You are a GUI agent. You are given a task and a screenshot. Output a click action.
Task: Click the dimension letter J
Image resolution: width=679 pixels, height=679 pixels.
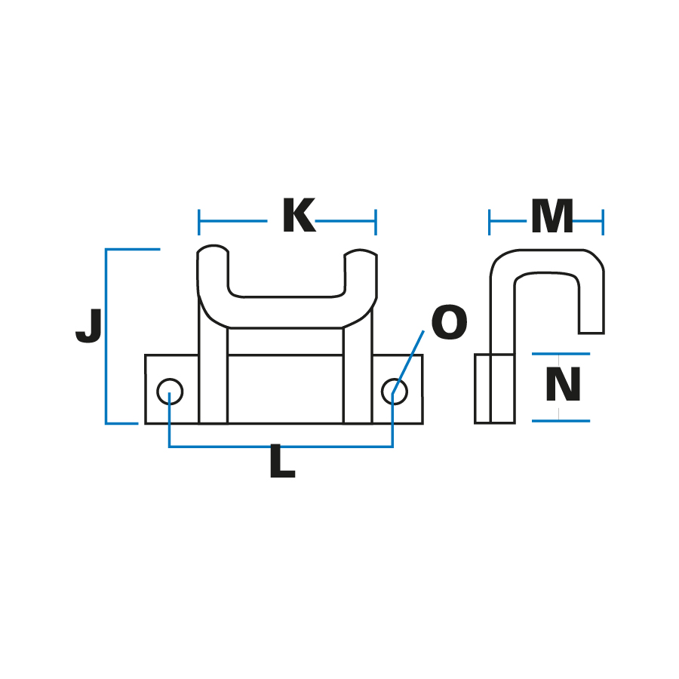tap(89, 326)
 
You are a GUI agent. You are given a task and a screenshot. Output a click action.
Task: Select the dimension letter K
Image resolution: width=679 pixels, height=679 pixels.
tap(299, 215)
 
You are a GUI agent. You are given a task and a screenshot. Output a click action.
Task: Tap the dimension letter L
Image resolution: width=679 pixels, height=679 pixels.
tap(282, 461)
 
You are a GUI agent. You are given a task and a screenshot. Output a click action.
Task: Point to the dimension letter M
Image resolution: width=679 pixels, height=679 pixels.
tap(552, 216)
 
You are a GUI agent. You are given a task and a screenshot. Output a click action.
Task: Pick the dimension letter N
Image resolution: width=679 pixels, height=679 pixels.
tap(563, 384)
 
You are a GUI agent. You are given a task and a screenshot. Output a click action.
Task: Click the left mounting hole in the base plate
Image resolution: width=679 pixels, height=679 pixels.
tap(170, 392)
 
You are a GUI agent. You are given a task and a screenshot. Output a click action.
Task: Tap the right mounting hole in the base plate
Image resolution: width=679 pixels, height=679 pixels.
tap(395, 392)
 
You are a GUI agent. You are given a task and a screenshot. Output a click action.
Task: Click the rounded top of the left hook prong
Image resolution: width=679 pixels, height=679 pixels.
tap(213, 248)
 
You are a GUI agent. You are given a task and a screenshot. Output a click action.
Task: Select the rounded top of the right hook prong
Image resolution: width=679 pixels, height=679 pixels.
tap(361, 251)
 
